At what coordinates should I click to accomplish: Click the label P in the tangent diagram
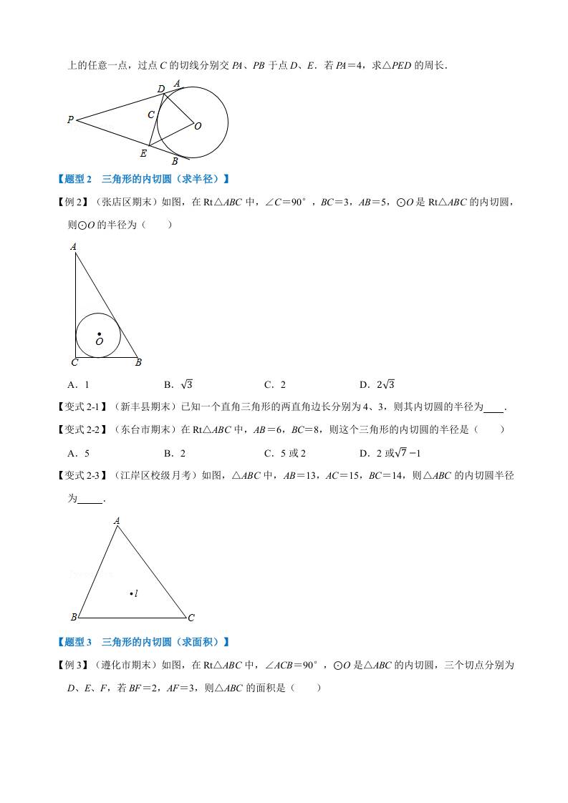[70, 120]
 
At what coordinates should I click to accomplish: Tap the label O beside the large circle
[198, 126]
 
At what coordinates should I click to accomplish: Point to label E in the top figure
[143, 153]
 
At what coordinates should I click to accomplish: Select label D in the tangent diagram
[161, 89]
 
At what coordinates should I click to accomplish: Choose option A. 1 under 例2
[78, 384]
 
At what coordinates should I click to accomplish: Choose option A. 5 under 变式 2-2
[78, 453]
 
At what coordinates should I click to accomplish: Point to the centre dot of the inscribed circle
[99, 334]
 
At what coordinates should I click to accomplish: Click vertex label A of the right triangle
[74, 247]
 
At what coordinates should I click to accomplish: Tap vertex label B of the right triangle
[138, 363]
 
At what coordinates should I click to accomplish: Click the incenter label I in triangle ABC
[136, 593]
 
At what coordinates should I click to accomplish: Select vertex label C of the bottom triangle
[191, 618]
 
